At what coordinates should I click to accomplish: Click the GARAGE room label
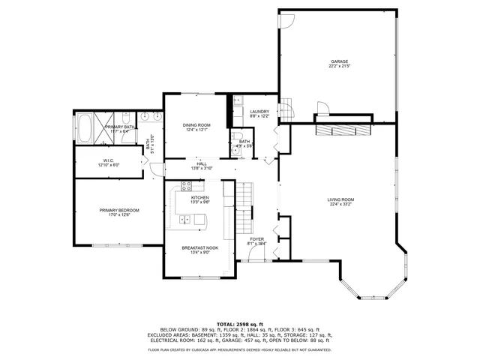point(340,61)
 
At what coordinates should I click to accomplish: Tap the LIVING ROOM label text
point(340,199)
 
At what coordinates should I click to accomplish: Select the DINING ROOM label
point(196,124)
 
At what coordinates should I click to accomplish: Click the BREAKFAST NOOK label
point(200,247)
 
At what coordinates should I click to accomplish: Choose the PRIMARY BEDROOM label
point(119,210)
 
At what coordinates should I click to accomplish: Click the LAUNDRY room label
point(259,111)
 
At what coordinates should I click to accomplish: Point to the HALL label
point(202,163)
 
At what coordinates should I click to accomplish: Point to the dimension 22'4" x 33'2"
point(340,204)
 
